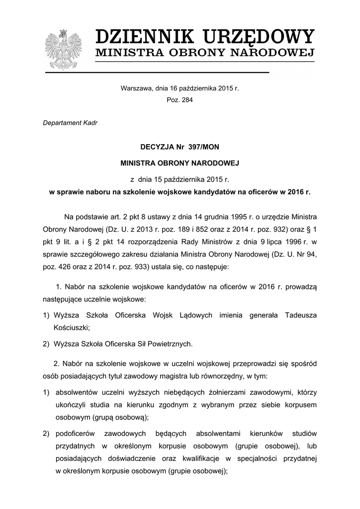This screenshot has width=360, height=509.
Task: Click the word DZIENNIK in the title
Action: [x=144, y=38]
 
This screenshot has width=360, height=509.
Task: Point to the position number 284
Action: [x=186, y=99]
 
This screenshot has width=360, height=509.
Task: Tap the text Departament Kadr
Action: [x=70, y=123]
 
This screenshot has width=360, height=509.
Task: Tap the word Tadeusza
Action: [x=300, y=315]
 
